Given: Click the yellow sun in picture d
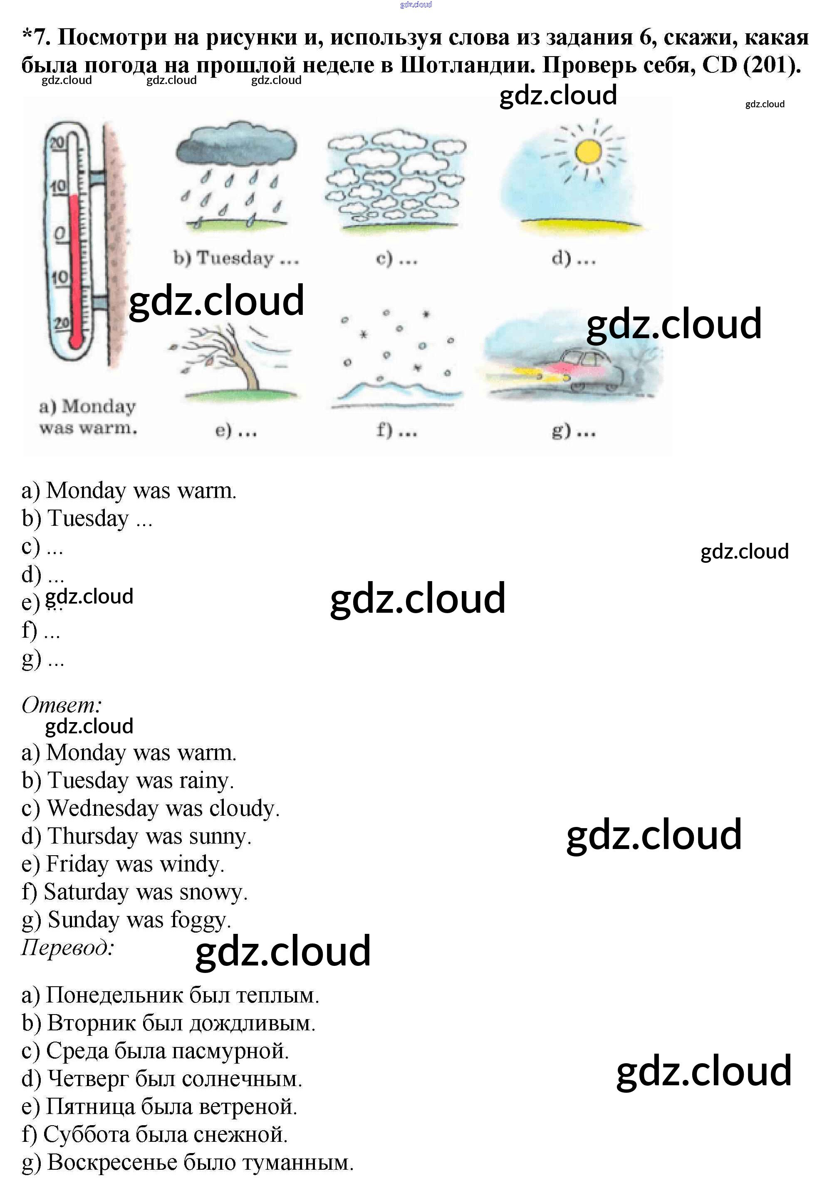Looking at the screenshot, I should tap(588, 152).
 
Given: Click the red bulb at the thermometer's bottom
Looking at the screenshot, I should tap(76, 340).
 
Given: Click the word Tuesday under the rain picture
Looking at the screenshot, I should tap(235, 258).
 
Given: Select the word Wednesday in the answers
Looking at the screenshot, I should tap(103, 809).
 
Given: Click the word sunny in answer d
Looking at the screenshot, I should tap(220, 837).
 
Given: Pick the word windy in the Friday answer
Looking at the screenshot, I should tap(191, 864).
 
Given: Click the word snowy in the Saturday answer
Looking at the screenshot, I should tap(213, 892).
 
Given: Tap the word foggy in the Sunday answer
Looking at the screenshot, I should tap(200, 920).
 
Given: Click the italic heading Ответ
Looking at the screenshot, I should tap(61, 705).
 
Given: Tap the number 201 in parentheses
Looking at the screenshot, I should tap(771, 65).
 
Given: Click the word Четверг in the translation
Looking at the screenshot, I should tap(88, 1079).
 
